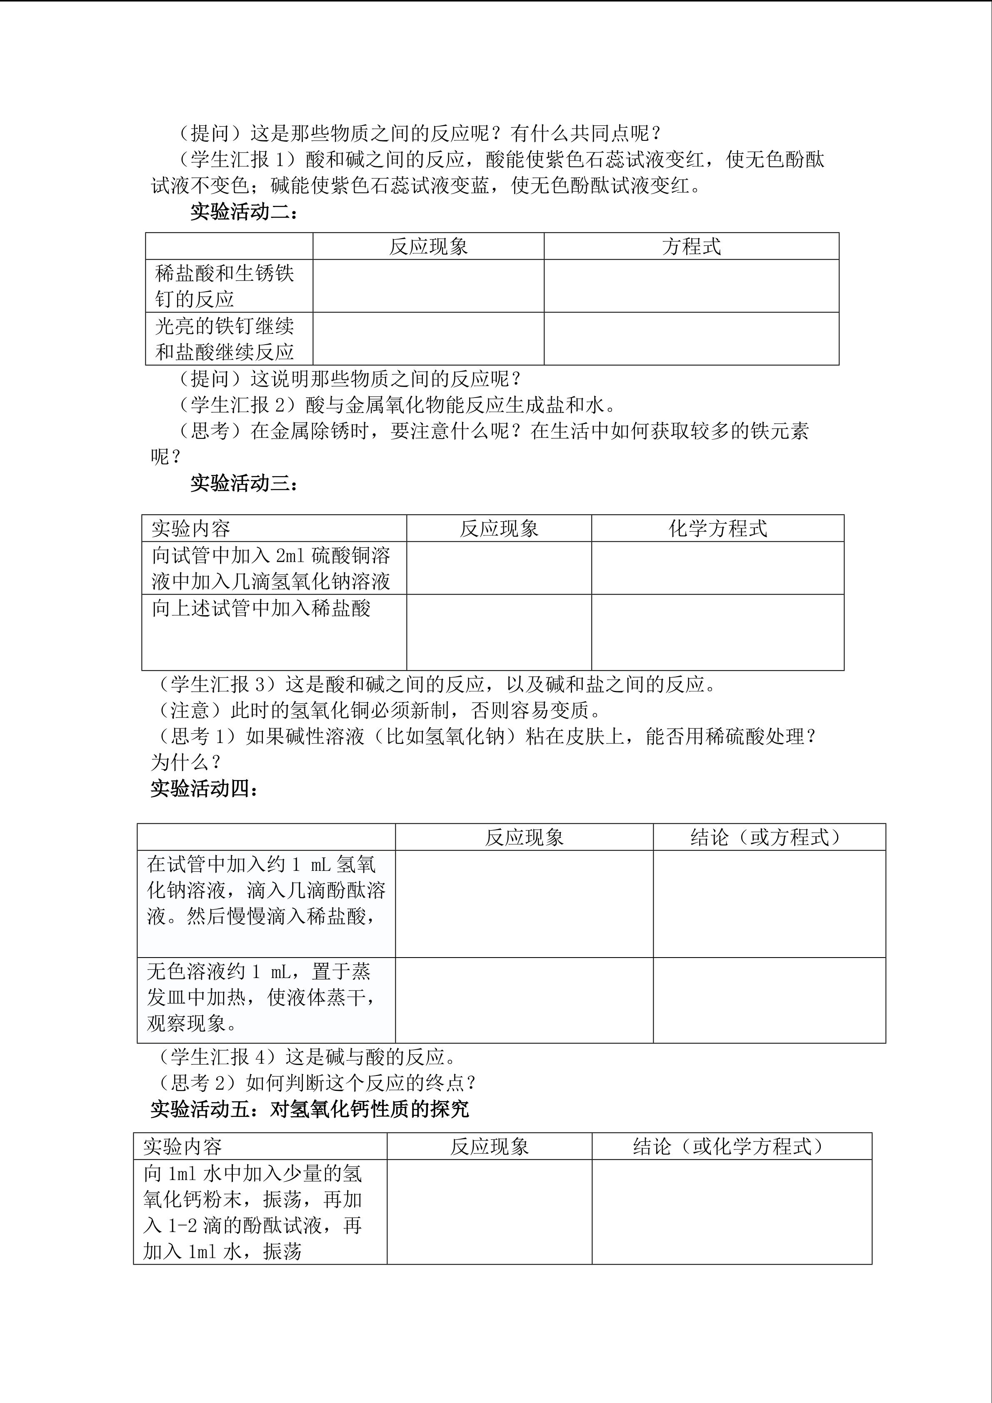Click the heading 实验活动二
click(x=244, y=212)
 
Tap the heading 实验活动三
click(x=244, y=483)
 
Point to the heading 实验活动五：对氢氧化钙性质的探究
click(x=310, y=1109)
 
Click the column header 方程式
click(x=691, y=246)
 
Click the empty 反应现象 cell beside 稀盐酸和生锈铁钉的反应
click(x=428, y=286)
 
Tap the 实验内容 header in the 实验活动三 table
click(x=190, y=528)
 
